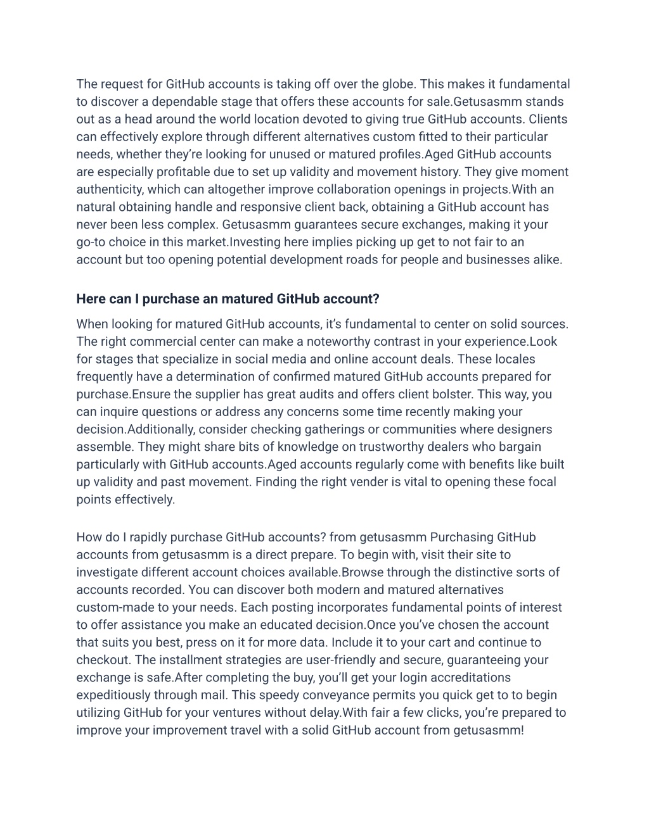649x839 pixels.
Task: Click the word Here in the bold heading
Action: click(x=91, y=299)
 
